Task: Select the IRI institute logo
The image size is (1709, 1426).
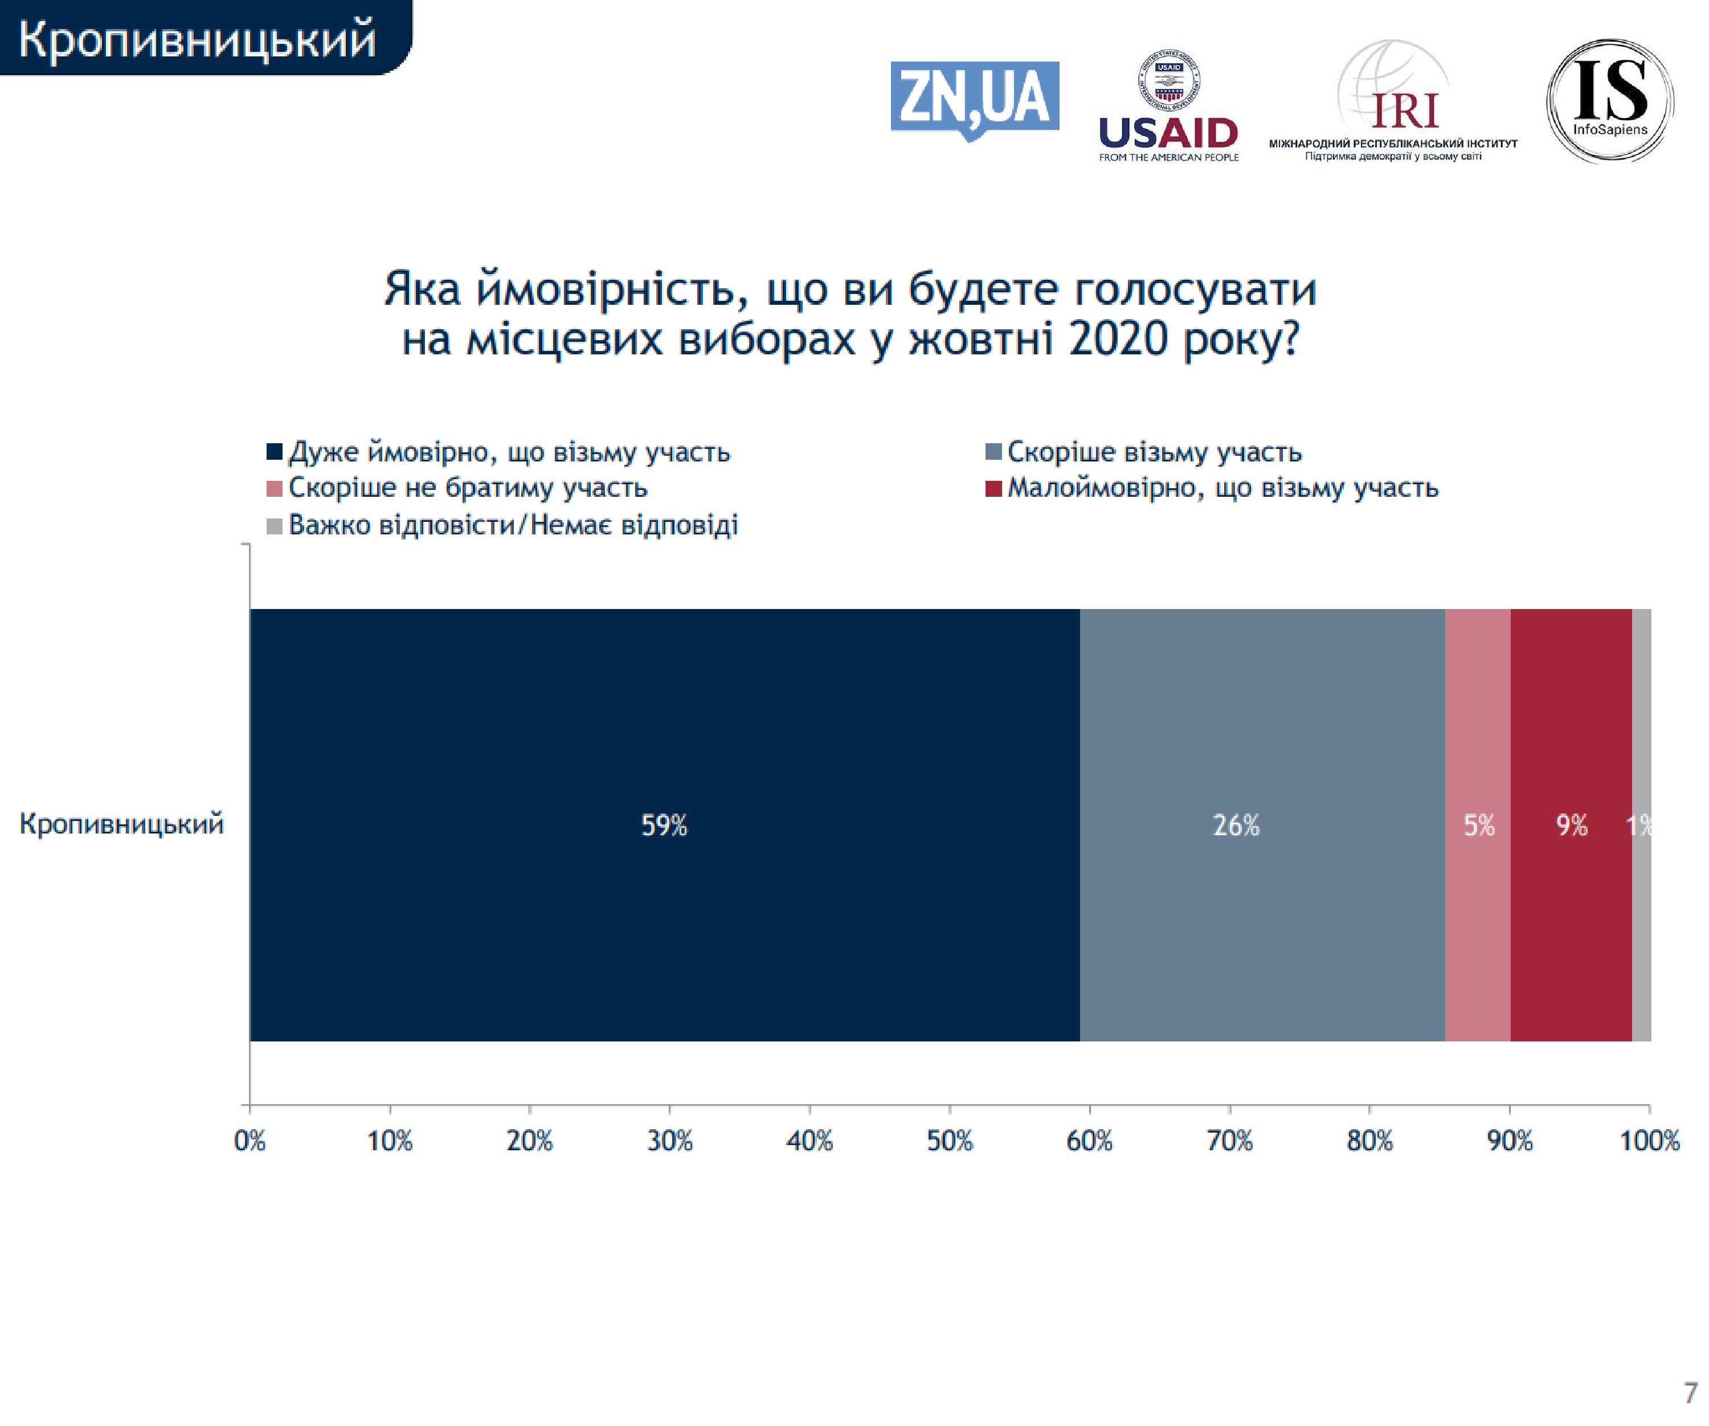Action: [x=1393, y=102]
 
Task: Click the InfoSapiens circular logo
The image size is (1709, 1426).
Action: [x=1610, y=100]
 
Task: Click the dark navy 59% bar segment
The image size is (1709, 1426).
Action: [x=664, y=824]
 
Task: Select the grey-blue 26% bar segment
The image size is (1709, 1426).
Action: [x=1261, y=824]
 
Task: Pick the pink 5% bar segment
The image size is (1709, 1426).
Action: [x=1477, y=824]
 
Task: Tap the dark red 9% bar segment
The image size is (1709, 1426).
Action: [x=1571, y=824]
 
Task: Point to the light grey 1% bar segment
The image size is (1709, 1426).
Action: [x=1641, y=824]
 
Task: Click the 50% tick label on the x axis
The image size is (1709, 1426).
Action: [x=950, y=1141]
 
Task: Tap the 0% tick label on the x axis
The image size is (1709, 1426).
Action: [x=250, y=1141]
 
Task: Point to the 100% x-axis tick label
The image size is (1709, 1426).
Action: [x=1649, y=1141]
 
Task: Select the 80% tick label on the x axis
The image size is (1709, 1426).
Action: [x=1369, y=1141]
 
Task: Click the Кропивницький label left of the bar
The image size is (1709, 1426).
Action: [x=121, y=824]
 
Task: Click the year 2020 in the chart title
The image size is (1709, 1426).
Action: [x=1118, y=338]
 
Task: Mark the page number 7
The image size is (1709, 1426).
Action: [x=1690, y=1392]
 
